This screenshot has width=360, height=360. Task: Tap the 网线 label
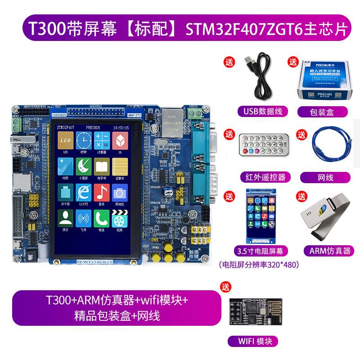tap(325, 177)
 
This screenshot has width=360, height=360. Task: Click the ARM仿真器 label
tap(327, 250)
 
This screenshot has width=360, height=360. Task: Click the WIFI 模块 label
tap(252, 341)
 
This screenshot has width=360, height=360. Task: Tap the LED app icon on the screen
tap(65, 140)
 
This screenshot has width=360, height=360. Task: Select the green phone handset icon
tap(102, 219)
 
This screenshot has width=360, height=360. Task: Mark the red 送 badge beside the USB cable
tap(229, 63)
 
